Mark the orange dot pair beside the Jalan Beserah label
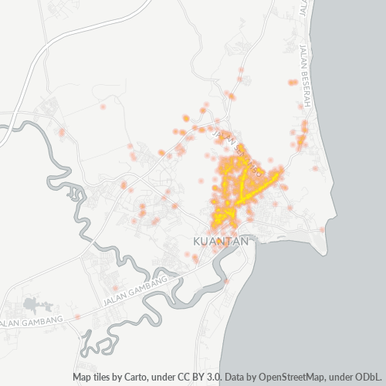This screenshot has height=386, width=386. point(293,82)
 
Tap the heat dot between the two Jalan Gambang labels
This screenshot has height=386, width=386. point(78,316)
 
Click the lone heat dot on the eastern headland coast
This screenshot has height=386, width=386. point(323,229)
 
